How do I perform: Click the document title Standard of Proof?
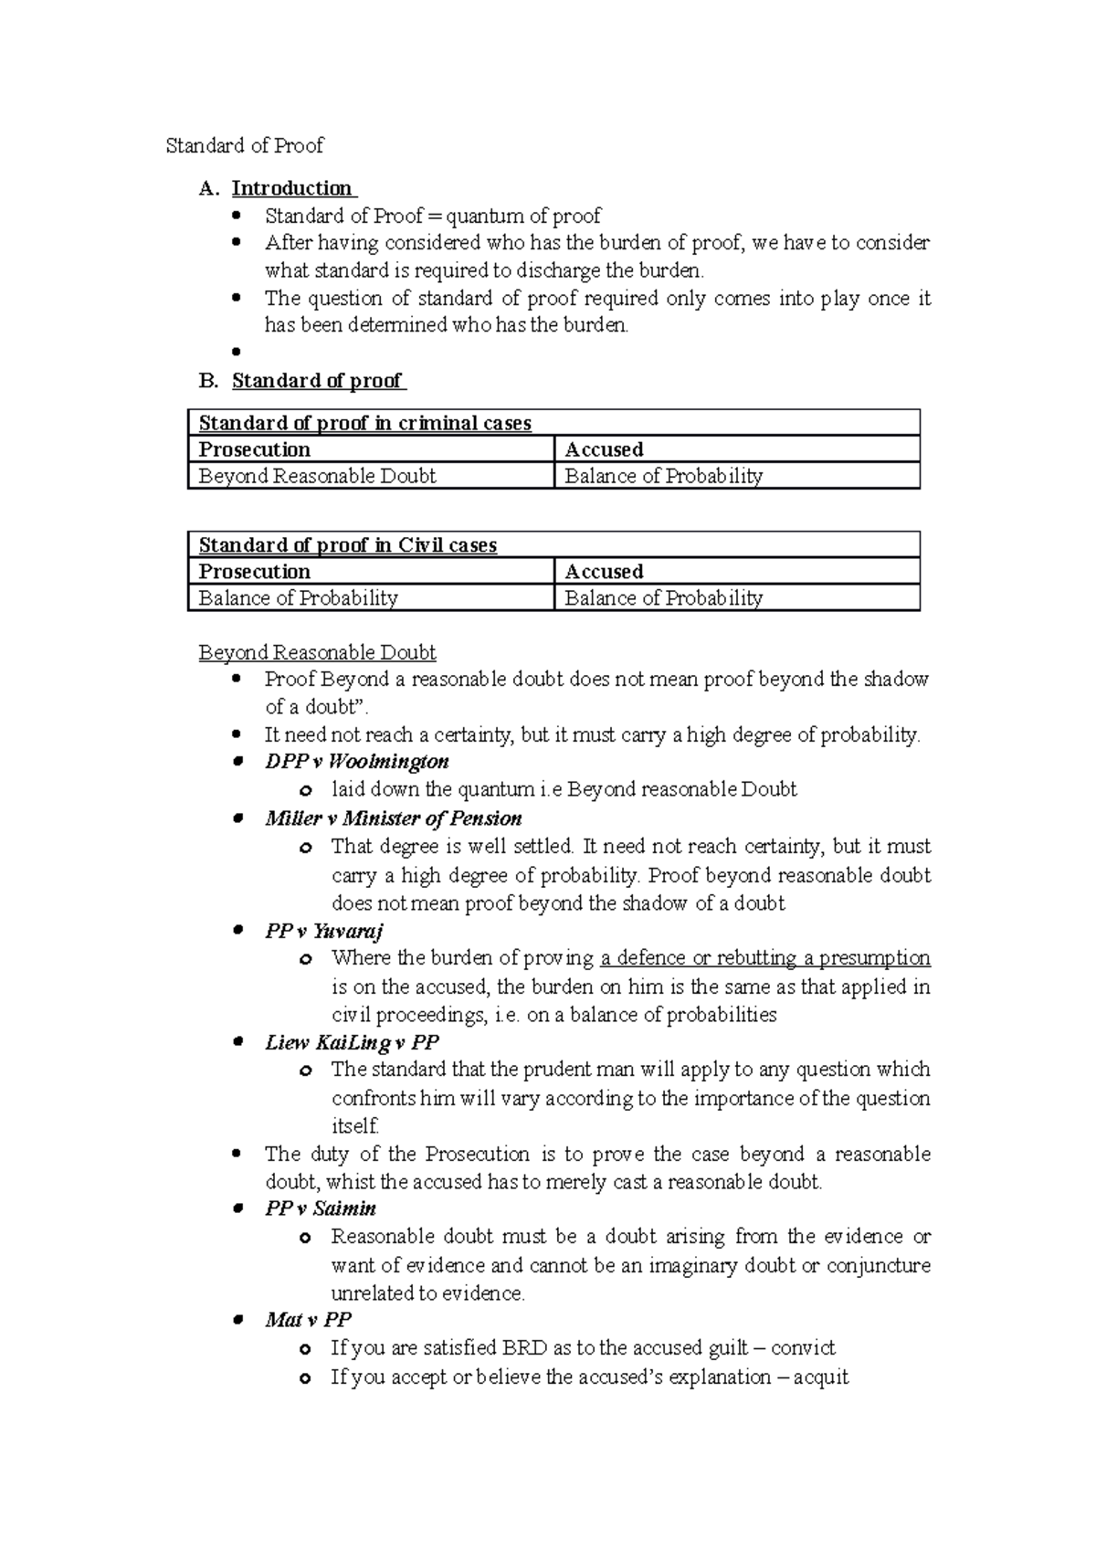pyautogui.click(x=244, y=146)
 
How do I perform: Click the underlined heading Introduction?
pyautogui.click(x=292, y=188)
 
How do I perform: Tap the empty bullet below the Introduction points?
pyautogui.click(x=237, y=352)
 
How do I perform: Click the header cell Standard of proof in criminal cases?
pyautogui.click(x=365, y=423)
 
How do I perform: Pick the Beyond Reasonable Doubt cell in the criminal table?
pyautogui.click(x=317, y=476)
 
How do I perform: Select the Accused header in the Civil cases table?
pyautogui.click(x=604, y=572)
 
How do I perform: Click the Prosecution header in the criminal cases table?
pyautogui.click(x=254, y=449)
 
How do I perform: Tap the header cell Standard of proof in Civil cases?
pyautogui.click(x=348, y=545)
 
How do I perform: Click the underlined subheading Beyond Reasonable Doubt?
pyautogui.click(x=317, y=653)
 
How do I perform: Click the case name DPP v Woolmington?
pyautogui.click(x=356, y=762)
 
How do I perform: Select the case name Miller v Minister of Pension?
pyautogui.click(x=393, y=818)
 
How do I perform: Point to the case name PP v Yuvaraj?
pyautogui.click(x=324, y=931)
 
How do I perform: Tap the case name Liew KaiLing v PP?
pyautogui.click(x=352, y=1042)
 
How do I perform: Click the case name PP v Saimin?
pyautogui.click(x=321, y=1208)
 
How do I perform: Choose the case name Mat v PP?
pyautogui.click(x=308, y=1320)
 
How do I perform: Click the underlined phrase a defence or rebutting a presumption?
pyautogui.click(x=765, y=958)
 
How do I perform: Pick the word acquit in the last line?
pyautogui.click(x=821, y=1377)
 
